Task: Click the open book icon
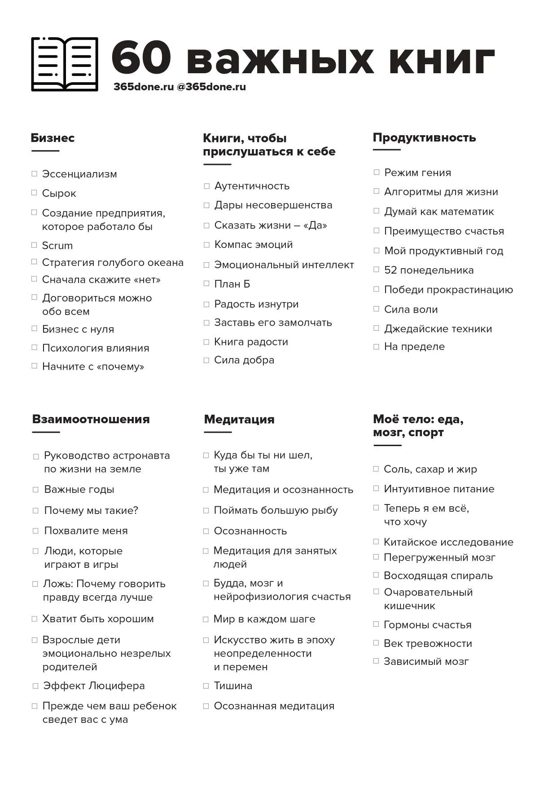[x=65, y=64]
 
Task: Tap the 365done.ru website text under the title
[x=144, y=87]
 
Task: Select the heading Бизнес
[x=53, y=138]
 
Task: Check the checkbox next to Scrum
[x=34, y=245]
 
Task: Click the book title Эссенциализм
[x=79, y=174]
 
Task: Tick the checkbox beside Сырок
[x=34, y=193]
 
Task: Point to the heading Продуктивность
[x=424, y=137]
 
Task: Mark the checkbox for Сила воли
[x=376, y=309]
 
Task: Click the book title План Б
[x=232, y=284]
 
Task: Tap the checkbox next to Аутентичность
[x=206, y=186]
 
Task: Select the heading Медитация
[x=239, y=419]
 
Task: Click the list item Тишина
[x=233, y=686]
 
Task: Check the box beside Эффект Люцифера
[x=35, y=686]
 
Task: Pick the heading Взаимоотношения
[x=91, y=419]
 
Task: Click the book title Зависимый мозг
[x=426, y=661]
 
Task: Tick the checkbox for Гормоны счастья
[x=376, y=624]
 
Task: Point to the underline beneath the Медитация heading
[x=218, y=432]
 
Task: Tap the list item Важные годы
[x=79, y=489]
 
